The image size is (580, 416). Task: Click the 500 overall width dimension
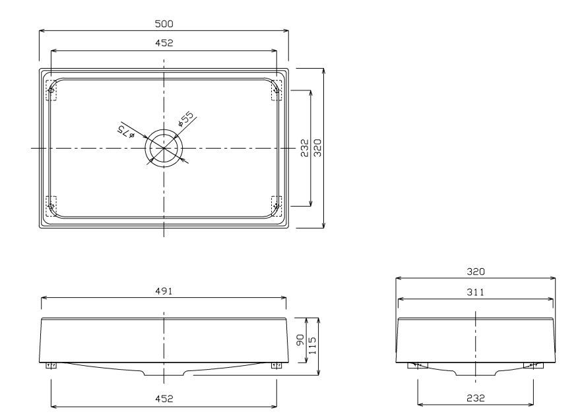164,24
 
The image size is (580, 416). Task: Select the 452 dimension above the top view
164,43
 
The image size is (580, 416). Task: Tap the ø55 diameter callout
186,119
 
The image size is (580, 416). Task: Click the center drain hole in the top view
164,147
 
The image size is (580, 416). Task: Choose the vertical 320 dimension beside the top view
317,147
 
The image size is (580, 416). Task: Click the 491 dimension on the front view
164,292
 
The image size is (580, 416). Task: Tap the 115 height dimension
313,341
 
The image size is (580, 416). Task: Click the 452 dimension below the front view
164,398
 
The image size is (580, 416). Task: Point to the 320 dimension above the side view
475,271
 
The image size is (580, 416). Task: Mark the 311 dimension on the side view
475,291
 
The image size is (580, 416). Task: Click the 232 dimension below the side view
475,398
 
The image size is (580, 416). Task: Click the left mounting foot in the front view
51,366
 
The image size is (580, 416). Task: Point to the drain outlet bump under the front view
164,374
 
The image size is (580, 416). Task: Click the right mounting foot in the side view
532,365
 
